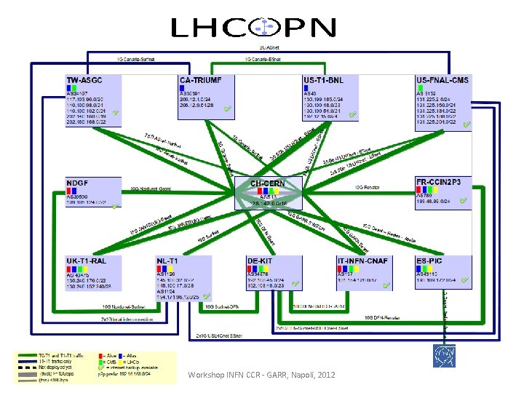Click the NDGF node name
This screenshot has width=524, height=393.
pos(78,182)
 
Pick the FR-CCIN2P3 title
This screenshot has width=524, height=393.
pos(443,181)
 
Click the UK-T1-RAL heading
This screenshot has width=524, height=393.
pos(87,261)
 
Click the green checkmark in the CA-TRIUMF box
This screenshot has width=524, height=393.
pos(229,110)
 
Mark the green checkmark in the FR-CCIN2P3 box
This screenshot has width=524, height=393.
pos(464,201)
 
